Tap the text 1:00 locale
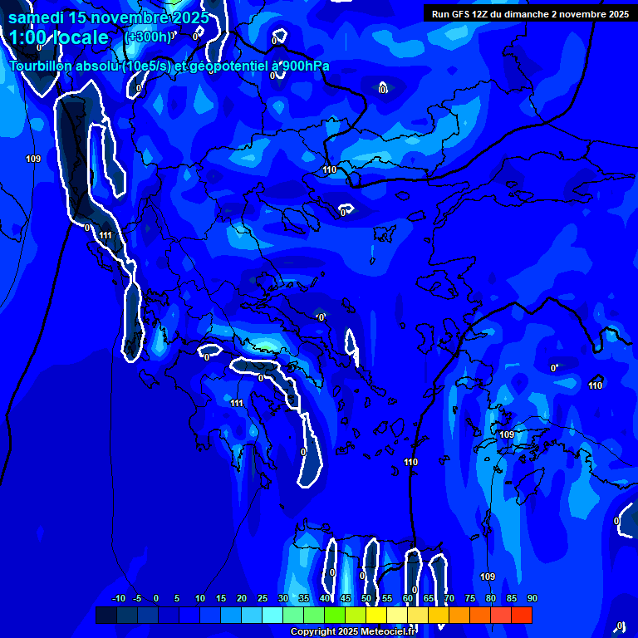pos(59,37)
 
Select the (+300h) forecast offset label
pos(148,37)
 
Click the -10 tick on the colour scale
pos(118,598)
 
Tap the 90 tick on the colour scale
pos(532,598)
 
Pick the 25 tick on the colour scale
pos(263,598)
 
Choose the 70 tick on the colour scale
pos(449,598)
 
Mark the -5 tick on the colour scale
pos(137,598)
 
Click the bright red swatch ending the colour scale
pos(522,615)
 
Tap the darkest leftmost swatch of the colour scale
pos(106,615)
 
